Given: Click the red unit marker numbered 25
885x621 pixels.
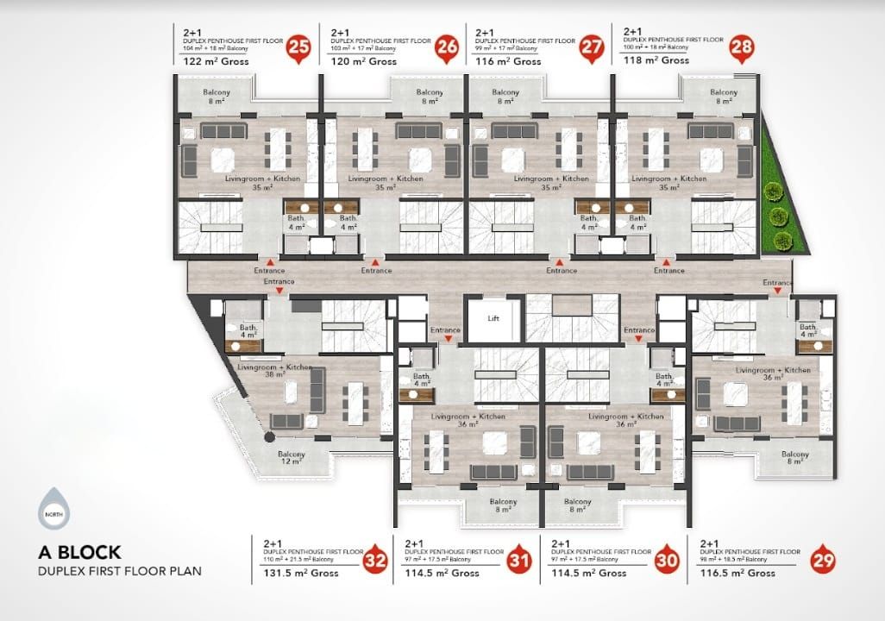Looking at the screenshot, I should click(x=299, y=47).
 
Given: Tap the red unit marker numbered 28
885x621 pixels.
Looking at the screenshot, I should click(x=741, y=47).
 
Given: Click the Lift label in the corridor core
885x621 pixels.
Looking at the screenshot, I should click(x=493, y=318).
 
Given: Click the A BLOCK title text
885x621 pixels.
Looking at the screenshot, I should click(x=80, y=552).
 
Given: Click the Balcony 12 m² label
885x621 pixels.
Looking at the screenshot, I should click(x=291, y=459).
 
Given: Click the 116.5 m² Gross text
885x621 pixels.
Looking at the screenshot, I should click(x=737, y=573).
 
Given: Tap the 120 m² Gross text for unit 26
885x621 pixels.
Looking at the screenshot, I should click(x=363, y=62).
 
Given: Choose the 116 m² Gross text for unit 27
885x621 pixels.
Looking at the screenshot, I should click(x=508, y=62).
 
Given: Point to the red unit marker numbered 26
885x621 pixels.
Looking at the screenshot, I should click(x=446, y=47).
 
